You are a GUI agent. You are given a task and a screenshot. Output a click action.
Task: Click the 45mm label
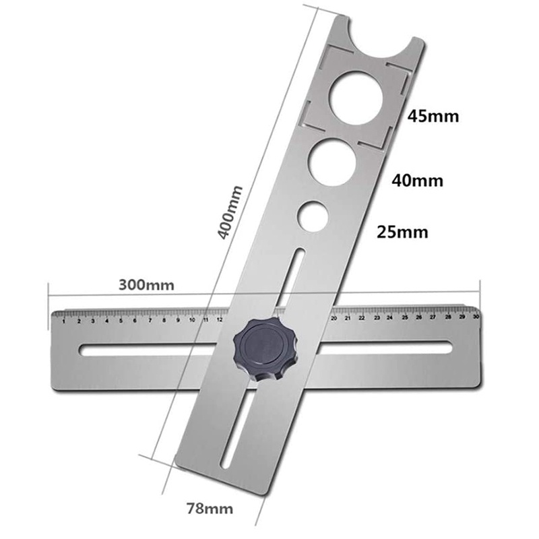[x=433, y=116]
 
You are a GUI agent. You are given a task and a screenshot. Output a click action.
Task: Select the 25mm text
[x=402, y=232]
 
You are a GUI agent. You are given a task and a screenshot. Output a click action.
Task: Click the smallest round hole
[x=313, y=216]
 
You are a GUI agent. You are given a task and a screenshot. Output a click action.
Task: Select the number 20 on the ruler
[x=334, y=318]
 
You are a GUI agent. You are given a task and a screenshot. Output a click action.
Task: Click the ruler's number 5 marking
[x=121, y=321]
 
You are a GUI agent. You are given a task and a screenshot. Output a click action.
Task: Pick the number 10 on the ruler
[x=193, y=320]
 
